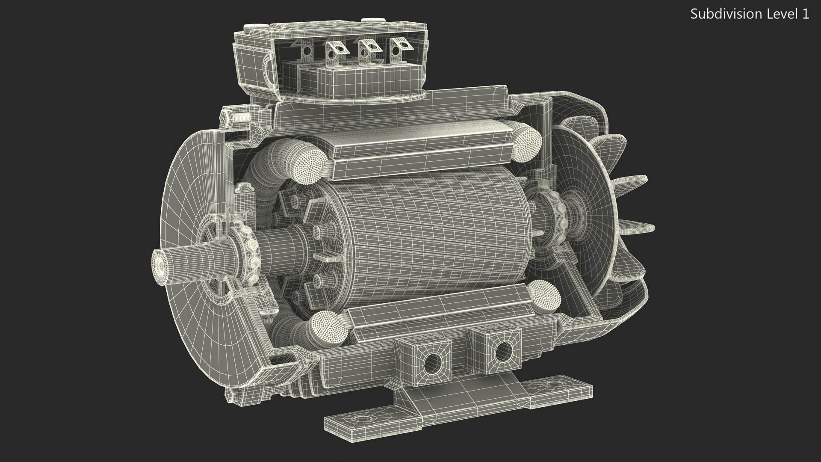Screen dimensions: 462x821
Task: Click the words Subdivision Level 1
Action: point(750,14)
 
